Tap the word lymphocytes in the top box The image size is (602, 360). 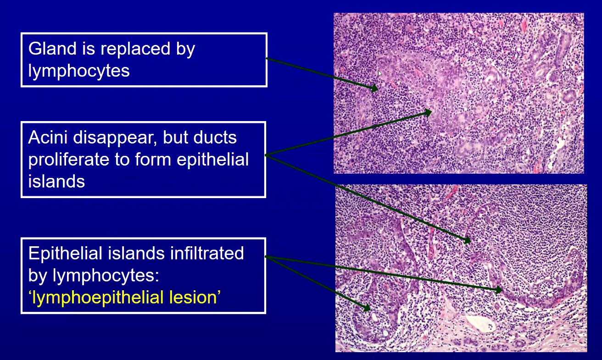[x=79, y=71]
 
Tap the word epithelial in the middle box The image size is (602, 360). [x=212, y=160]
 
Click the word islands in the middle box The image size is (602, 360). [x=57, y=181]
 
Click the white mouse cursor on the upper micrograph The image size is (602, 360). [x=380, y=73]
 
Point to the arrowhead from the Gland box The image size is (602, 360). [x=374, y=88]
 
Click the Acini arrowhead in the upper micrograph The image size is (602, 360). [x=428, y=112]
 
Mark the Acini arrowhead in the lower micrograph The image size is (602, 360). [x=468, y=240]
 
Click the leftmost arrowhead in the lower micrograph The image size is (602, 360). [x=367, y=308]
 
